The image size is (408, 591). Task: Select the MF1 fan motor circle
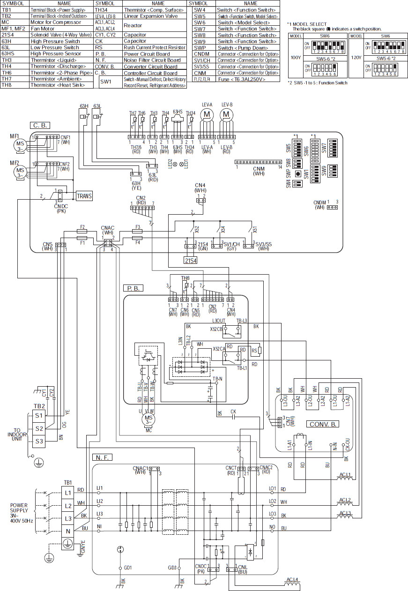click(20, 143)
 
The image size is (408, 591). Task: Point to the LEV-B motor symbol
click(227, 114)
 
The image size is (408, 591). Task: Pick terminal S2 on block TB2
click(39, 428)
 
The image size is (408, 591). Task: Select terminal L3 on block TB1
click(68, 518)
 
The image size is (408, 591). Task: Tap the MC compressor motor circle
click(148, 418)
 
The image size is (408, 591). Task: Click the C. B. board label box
click(41, 125)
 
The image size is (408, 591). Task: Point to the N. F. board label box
click(103, 456)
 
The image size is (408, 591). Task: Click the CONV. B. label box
click(324, 424)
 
